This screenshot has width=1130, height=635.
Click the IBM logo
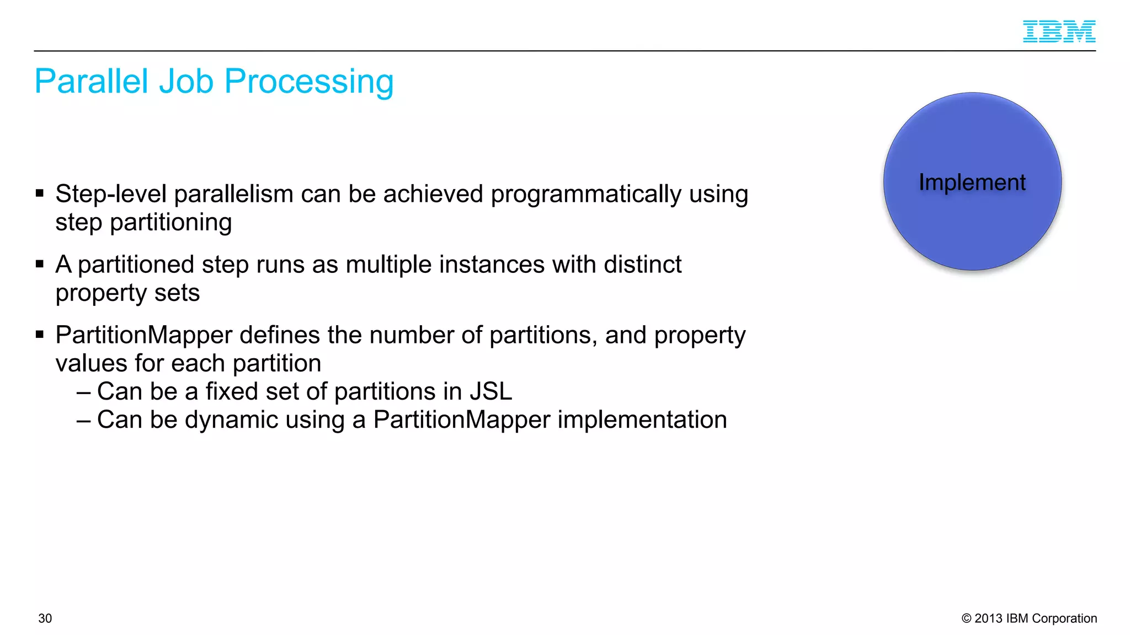pos(1059,31)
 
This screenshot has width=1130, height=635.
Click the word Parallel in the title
pos(92,82)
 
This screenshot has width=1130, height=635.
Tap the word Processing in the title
pos(309,82)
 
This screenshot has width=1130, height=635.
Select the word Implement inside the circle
pos(972,182)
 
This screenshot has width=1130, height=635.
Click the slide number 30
pos(45,618)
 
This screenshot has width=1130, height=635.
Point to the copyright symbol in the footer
pos(966,618)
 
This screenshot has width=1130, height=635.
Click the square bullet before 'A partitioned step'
pos(40,264)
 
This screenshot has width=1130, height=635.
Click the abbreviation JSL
pos(491,392)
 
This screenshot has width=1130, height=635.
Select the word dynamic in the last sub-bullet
pos(231,420)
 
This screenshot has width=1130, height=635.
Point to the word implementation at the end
pos(642,420)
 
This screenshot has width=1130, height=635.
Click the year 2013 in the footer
pos(988,618)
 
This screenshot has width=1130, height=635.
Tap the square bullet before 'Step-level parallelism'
pos(40,193)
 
